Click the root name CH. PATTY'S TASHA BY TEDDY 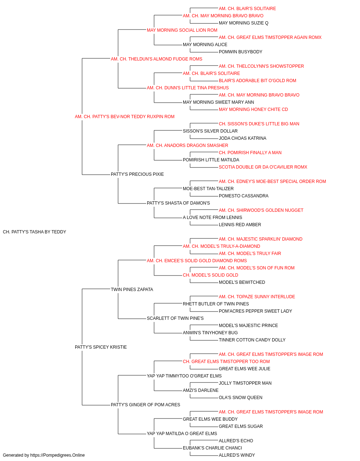tap(34, 232)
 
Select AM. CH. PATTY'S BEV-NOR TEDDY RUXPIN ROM tap(125, 117)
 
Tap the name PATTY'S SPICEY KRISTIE tap(101, 347)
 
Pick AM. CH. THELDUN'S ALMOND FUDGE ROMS tap(157, 59)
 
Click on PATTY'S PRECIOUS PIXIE tap(137, 174)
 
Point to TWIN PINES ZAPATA tap(132, 289)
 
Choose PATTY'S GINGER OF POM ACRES tap(145, 404)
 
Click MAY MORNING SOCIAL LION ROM tap(182, 30)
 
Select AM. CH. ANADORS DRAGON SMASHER tap(188, 145)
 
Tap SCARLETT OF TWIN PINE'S tap(175, 318)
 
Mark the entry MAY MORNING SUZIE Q tap(244, 23)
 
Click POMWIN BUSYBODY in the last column tap(240, 52)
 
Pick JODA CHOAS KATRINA tap(243, 138)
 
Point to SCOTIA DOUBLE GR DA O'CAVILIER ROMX tap(263, 167)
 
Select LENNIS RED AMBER tap(240, 225)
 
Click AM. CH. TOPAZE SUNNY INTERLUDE tap(257, 296)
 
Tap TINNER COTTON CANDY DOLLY tap(252, 340)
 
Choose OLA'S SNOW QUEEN tap(240, 397)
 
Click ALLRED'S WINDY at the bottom tap(237, 455)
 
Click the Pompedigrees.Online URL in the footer tap(57, 455)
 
